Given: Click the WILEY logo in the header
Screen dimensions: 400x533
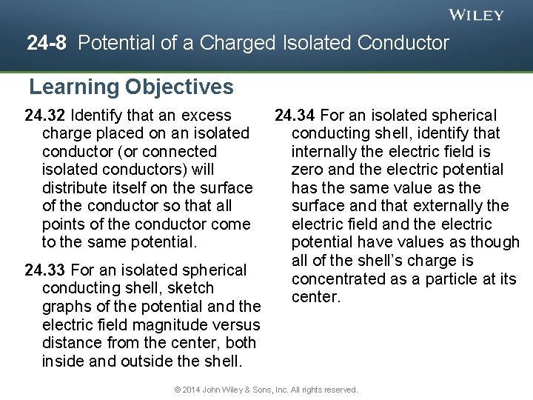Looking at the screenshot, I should pos(477,15).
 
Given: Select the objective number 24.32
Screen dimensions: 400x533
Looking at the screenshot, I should pos(45,116).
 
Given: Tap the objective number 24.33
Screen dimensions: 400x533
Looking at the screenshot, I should pos(45,270).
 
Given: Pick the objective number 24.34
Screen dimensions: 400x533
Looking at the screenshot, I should pos(295,116).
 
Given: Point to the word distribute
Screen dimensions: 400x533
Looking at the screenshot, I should pos(76,188).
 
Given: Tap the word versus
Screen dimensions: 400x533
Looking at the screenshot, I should pos(238,325).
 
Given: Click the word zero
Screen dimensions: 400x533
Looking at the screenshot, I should pos(307,170).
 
